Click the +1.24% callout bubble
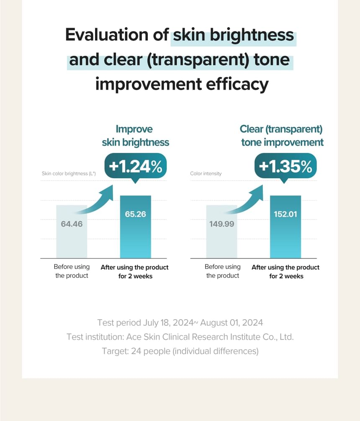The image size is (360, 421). coord(135,167)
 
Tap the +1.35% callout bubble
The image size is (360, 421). coord(285,167)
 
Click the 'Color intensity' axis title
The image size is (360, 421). coord(206,173)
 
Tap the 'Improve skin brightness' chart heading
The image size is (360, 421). coord(135,135)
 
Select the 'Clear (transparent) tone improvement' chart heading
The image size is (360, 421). coord(282,135)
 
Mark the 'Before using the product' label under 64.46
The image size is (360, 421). coord(72,271)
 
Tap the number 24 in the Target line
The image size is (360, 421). coord(136,351)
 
